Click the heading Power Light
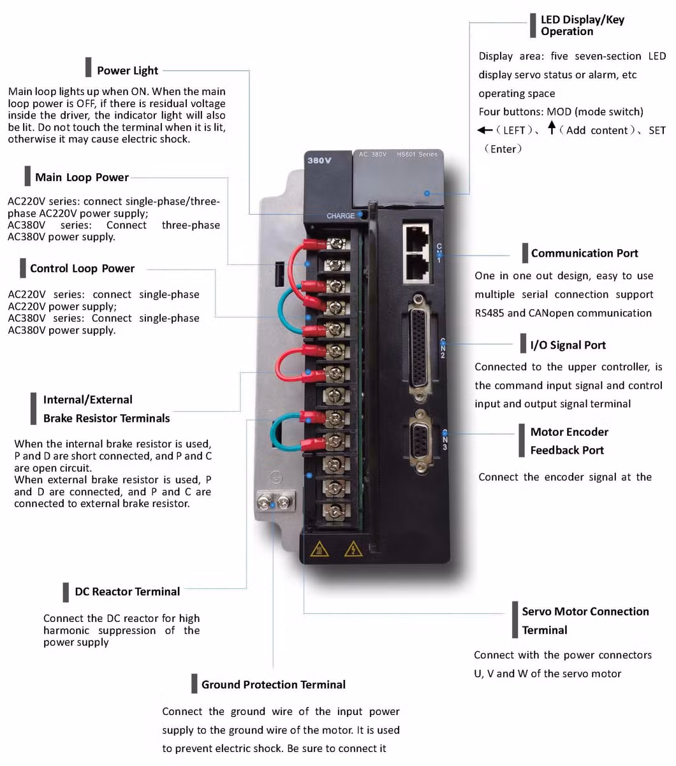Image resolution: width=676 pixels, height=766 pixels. tap(127, 71)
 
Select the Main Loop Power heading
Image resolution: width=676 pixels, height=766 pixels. tap(82, 177)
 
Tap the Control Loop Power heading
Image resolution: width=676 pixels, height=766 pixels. tap(82, 268)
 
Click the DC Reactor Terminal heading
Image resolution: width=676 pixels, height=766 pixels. tap(127, 591)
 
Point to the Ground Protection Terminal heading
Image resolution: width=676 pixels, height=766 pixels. tap(273, 684)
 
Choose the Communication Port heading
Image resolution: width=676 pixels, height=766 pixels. tap(584, 253)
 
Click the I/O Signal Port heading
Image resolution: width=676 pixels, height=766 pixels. tap(568, 345)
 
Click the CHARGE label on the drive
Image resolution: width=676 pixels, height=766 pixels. tap(341, 216)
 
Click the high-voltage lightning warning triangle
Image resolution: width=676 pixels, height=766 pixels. tap(353, 549)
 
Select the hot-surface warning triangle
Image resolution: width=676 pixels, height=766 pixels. tap(320, 549)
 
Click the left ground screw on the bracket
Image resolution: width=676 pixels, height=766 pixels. tap(263, 503)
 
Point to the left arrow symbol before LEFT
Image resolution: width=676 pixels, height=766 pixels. tap(484, 130)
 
